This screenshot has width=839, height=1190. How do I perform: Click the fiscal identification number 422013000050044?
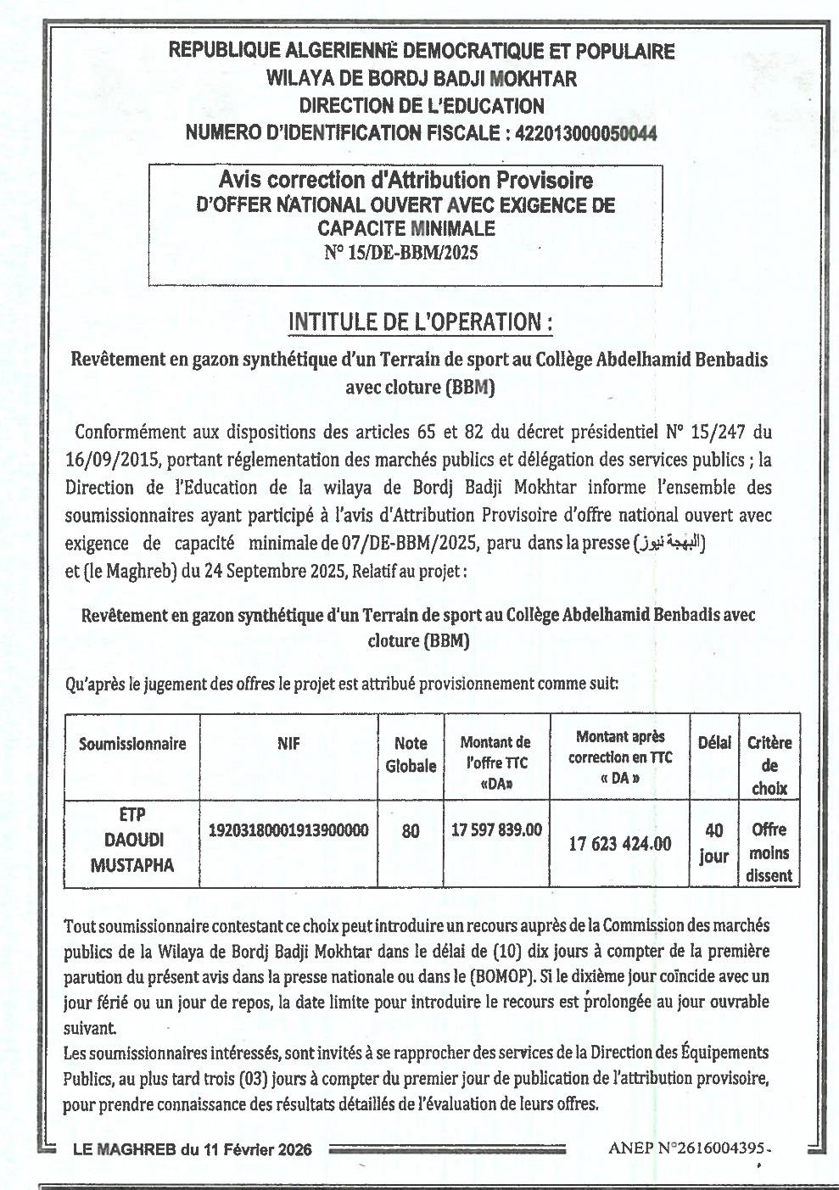(x=585, y=133)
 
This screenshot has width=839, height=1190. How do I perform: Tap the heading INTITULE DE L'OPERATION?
(x=421, y=322)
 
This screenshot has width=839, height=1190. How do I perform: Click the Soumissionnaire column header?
(x=132, y=744)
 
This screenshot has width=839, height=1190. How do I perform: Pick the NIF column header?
(x=288, y=744)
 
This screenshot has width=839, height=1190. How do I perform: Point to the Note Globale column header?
(x=411, y=755)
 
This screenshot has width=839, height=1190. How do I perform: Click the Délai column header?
(x=713, y=744)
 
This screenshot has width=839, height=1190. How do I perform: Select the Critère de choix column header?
(x=769, y=765)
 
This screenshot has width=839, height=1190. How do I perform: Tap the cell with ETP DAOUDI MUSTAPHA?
(x=132, y=840)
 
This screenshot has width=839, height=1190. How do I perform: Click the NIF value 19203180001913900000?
(x=288, y=830)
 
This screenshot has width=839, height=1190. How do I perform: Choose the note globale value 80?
(x=411, y=831)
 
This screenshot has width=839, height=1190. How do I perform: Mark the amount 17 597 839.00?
(x=496, y=830)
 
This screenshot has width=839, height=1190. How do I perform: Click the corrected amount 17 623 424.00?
(x=619, y=844)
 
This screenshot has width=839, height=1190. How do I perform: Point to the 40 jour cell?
(x=713, y=844)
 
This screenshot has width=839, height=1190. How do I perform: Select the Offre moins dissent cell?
(x=769, y=852)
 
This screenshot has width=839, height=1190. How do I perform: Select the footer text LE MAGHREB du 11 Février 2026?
(x=193, y=1150)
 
